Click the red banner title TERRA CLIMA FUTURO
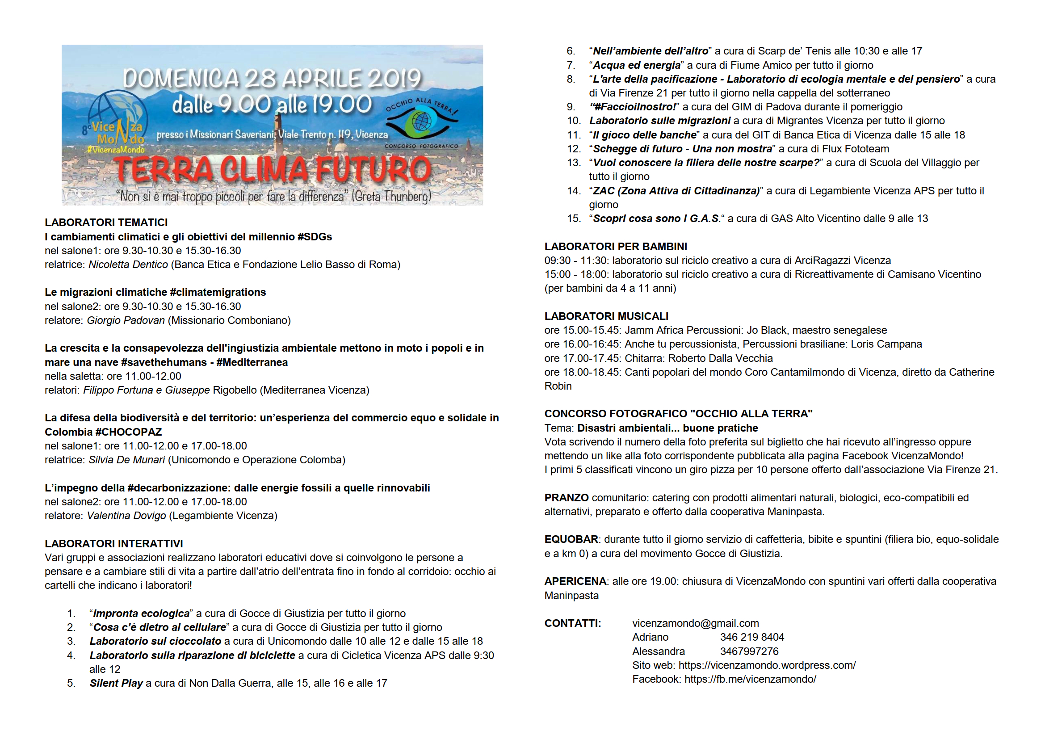272,169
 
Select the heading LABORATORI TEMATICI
106,223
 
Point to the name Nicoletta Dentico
128,265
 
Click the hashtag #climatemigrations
218,292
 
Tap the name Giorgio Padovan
126,320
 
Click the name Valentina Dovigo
126,516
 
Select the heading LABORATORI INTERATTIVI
114,544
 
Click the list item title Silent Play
116,683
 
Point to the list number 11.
574,134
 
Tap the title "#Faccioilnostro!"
632,107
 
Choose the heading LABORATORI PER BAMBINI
616,247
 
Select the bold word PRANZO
566,498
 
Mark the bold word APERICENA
575,582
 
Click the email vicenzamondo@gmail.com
696,623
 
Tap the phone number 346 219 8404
752,637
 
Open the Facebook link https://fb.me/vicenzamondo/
750,680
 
